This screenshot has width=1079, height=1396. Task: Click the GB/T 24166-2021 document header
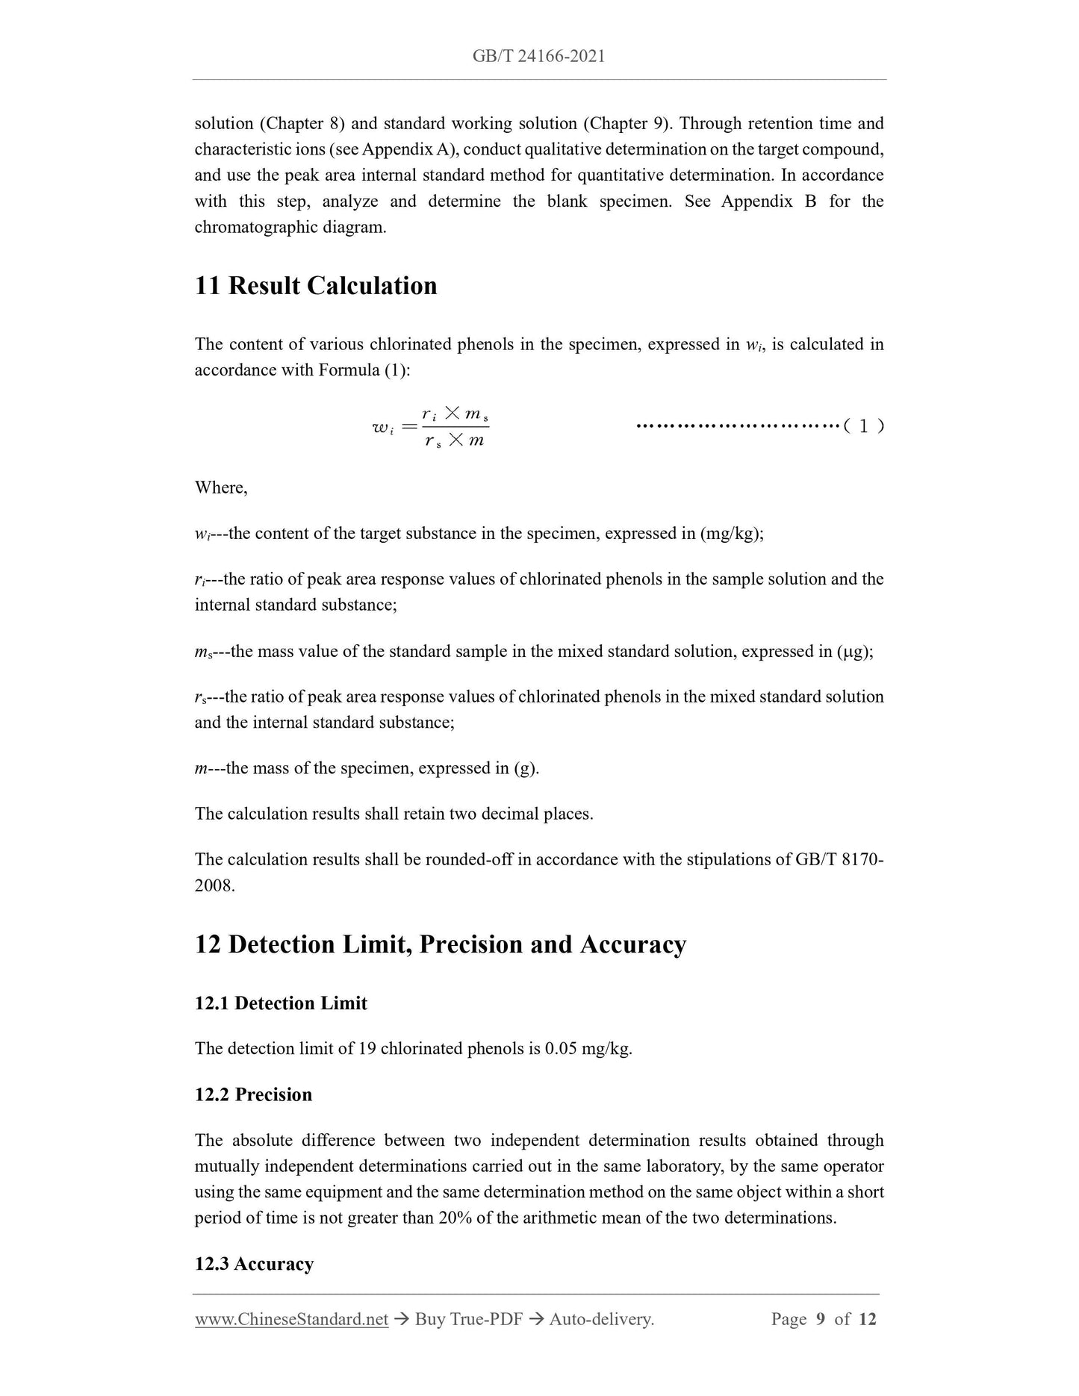point(538,56)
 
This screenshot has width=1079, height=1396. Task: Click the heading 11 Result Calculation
point(316,286)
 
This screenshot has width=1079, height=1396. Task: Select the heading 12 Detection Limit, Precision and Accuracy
point(441,944)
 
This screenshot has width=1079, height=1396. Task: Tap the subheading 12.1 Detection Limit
point(281,1003)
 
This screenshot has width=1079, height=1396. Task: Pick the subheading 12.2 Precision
point(253,1094)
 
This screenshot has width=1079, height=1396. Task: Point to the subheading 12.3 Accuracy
point(254,1264)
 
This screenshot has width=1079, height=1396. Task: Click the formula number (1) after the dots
point(863,427)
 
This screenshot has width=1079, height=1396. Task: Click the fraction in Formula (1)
point(454,428)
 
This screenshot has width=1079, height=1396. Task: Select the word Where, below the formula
point(221,487)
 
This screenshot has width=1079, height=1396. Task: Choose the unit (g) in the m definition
point(525,768)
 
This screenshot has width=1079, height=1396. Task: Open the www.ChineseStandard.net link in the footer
point(291,1319)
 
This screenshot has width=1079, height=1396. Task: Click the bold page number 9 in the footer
point(821,1319)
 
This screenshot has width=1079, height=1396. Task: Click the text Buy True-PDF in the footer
point(468,1319)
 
